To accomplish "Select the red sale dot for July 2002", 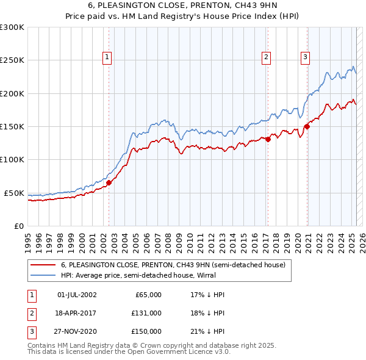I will [x=109, y=182].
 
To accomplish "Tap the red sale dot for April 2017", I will [x=268, y=139].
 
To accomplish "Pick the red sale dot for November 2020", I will [x=307, y=127].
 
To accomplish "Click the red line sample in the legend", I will [x=43, y=265].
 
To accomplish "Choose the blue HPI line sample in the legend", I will [x=43, y=275].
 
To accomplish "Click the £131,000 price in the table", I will [x=146, y=313].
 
